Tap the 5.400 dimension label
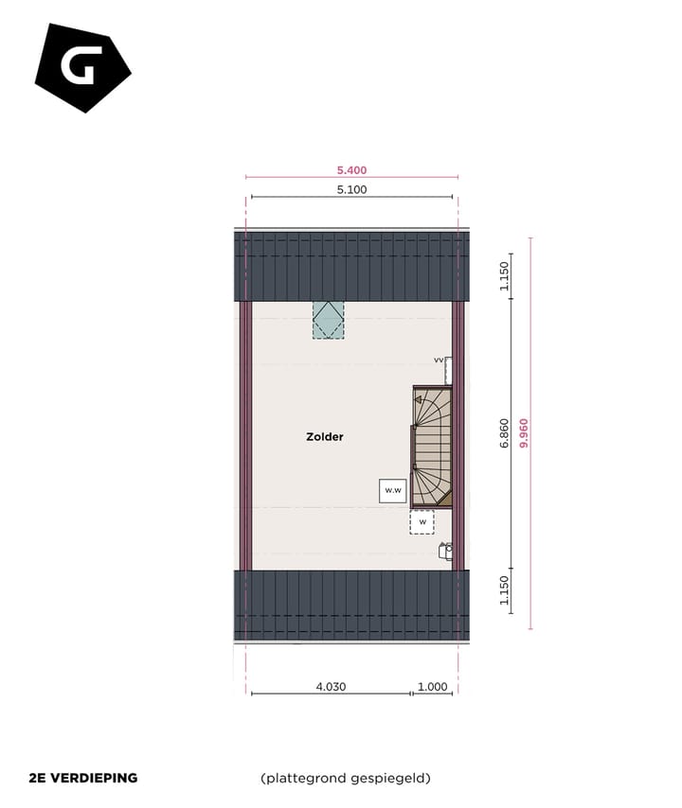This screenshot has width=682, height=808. point(351,170)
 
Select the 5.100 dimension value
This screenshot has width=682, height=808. point(351,189)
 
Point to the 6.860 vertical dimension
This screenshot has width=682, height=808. point(504,433)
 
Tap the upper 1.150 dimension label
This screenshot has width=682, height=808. point(504,276)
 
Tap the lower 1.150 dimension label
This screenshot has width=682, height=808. point(504,590)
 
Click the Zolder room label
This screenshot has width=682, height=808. point(324,437)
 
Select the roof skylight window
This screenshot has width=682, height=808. point(330,320)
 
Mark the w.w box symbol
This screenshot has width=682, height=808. point(392,490)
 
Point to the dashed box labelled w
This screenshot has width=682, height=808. point(422,521)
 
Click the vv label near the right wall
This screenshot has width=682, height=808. point(439,360)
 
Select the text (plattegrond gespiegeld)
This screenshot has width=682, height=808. point(346,779)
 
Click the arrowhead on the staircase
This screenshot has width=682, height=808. point(418,400)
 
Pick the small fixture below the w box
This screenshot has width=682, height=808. point(445,550)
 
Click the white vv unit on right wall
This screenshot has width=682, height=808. point(449,370)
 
